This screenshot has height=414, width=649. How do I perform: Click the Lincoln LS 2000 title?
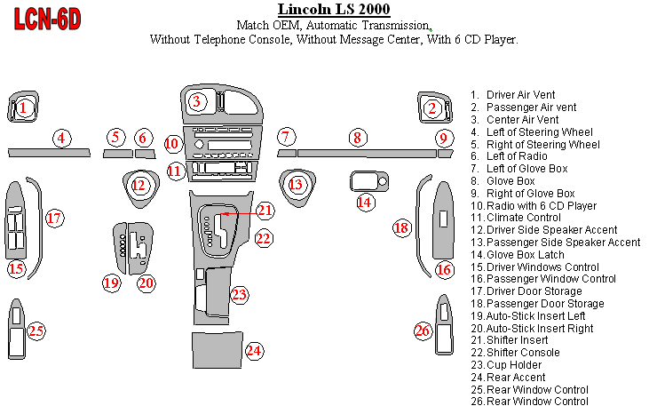pos(327,10)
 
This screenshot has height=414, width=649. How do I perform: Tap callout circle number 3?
pos(198,101)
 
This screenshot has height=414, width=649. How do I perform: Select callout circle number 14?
pos(365,202)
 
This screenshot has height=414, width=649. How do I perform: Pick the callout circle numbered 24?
pos(254,350)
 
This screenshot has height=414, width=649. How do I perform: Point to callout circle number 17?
pos(53,218)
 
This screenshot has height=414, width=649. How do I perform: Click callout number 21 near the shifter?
pos(265,211)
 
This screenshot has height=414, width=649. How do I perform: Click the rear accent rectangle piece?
pos(216,351)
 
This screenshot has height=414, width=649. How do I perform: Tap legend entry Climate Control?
pos(519,217)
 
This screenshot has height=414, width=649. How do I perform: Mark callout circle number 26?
pos(423,330)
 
